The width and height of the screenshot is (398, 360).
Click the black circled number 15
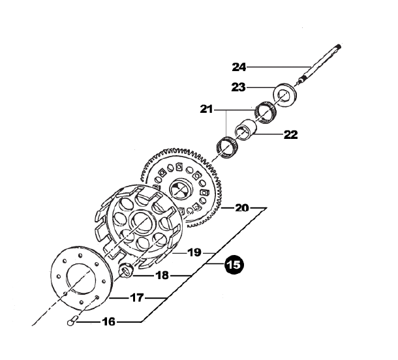coord(234,265)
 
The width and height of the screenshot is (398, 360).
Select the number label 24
coord(239,67)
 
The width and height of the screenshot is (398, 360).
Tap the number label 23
coord(239,87)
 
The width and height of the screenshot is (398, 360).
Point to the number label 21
coord(206,110)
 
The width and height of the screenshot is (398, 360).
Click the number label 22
coord(290,134)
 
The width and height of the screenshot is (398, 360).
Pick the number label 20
coord(242,208)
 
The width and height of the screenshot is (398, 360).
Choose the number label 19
coord(194,252)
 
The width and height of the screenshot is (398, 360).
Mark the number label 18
coord(162,275)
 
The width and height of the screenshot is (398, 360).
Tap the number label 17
coord(137,297)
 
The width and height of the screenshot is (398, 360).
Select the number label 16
coord(109,322)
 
